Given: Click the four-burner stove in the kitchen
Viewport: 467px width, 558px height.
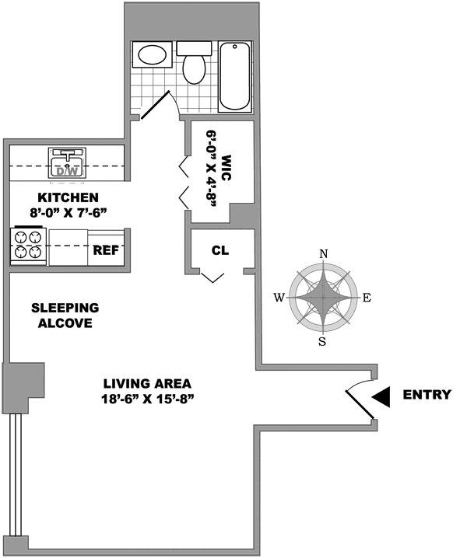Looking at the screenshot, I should [30, 243].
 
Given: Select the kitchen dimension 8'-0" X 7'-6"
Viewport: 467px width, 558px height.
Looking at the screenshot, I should [69, 212].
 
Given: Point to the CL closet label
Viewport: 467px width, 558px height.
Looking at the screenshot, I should [219, 251].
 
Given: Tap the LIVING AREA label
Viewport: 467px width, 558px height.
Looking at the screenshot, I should [147, 384].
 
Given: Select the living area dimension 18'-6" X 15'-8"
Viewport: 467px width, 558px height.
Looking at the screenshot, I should [147, 399].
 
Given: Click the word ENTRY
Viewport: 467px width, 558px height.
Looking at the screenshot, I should [427, 395].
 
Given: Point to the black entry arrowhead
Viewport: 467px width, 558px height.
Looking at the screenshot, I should [381, 396].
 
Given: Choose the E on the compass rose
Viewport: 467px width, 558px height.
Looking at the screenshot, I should [367, 298].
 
